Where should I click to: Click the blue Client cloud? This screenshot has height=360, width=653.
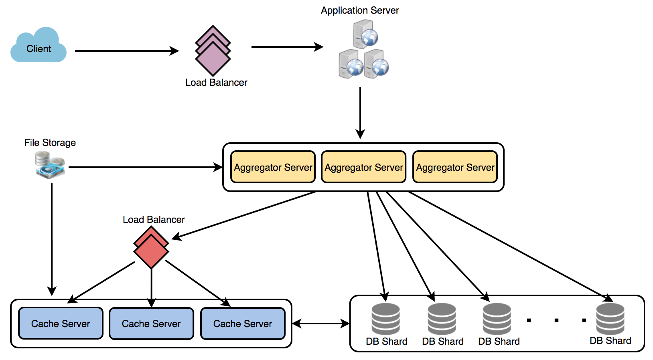pyautogui.click(x=39, y=46)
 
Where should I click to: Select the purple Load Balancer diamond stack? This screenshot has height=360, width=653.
pyautogui.click(x=213, y=51)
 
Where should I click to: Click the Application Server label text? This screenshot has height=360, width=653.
pyautogui.click(x=360, y=10)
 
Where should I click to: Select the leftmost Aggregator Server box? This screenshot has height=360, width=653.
pyautogui.click(x=273, y=167)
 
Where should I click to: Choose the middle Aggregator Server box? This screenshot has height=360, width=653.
pyautogui.click(x=364, y=167)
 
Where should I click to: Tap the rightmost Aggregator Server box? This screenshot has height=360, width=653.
pyautogui.click(x=455, y=167)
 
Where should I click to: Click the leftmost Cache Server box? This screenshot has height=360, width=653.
pyautogui.click(x=61, y=324)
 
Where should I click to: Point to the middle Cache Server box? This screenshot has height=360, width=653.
pyautogui.click(x=151, y=324)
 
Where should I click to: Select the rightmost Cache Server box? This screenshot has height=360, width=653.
pyautogui.click(x=243, y=324)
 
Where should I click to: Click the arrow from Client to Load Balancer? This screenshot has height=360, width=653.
pyautogui.click(x=126, y=51)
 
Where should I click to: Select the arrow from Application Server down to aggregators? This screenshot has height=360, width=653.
pyautogui.click(x=360, y=112)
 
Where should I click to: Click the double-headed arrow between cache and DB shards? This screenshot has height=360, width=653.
pyautogui.click(x=321, y=324)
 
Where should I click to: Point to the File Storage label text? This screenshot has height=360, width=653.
pyautogui.click(x=50, y=143)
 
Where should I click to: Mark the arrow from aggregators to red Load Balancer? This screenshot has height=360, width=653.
pyautogui.click(x=245, y=216)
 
